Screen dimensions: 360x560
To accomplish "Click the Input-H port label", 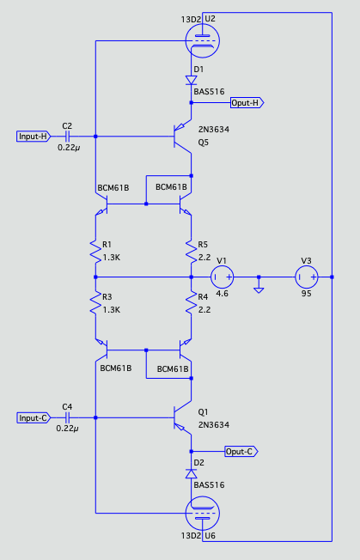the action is point(34,137).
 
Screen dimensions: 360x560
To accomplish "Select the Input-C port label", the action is point(34,418).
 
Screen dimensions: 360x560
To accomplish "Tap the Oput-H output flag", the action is point(247,103).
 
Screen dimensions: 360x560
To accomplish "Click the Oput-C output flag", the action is point(241,452).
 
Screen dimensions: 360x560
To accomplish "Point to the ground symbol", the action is point(259,289).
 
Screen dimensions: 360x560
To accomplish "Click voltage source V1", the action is point(223,277).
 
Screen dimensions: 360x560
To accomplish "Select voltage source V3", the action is point(307,277).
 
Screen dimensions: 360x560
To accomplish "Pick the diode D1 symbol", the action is point(191,80).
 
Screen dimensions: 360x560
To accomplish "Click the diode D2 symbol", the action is point(191,473).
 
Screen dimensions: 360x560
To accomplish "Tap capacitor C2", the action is point(67,137).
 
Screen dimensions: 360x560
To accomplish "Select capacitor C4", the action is point(67,418).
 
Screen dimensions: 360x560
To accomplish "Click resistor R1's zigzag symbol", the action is point(95,251).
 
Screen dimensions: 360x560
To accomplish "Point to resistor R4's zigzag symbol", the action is point(191,303).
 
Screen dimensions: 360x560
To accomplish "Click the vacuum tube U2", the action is point(203,40).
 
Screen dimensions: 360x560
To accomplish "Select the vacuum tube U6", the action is point(203,514).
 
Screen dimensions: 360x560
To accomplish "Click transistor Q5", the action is point(183,136).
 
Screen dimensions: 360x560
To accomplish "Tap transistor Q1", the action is point(183,417).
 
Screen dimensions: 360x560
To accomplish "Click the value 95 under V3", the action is point(306,294).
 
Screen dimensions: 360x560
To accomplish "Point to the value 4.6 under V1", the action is point(222,294).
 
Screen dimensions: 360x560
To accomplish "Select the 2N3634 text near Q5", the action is point(214,130).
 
